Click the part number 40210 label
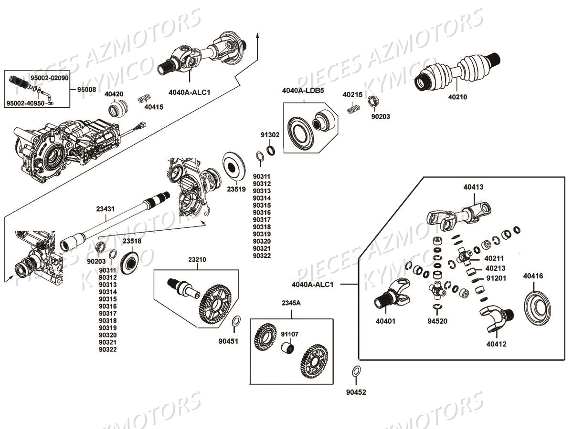(x=457, y=97)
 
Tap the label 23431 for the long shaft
(x=105, y=209)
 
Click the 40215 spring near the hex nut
(x=352, y=109)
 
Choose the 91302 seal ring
(x=271, y=151)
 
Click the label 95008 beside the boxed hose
(x=86, y=89)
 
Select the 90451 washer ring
(x=235, y=322)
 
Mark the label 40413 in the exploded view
(x=473, y=187)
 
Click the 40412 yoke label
(x=496, y=344)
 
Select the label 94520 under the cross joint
(x=437, y=321)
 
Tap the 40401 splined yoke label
(x=385, y=321)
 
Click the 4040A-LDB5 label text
(x=303, y=90)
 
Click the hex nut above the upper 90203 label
(x=374, y=101)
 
